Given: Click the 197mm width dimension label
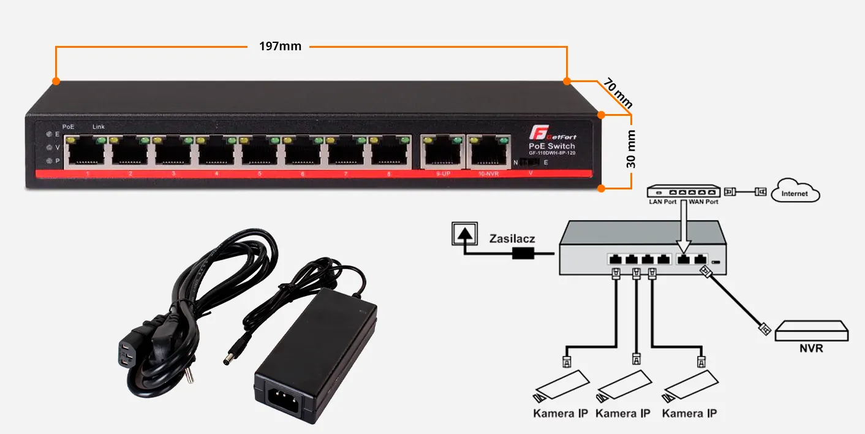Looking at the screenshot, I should pyautogui.click(x=281, y=47).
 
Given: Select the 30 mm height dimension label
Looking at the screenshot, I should pyautogui.click(x=631, y=148).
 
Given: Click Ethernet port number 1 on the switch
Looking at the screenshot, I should pyautogui.click(x=85, y=153).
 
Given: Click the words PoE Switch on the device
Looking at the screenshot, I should pyautogui.click(x=551, y=146).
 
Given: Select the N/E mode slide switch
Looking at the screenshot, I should pyautogui.click(x=531, y=163).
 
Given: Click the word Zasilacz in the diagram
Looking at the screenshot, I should pyautogui.click(x=512, y=238).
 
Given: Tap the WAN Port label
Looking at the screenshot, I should pyautogui.click(x=703, y=202).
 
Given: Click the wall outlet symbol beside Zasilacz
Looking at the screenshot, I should pyautogui.click(x=464, y=234).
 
